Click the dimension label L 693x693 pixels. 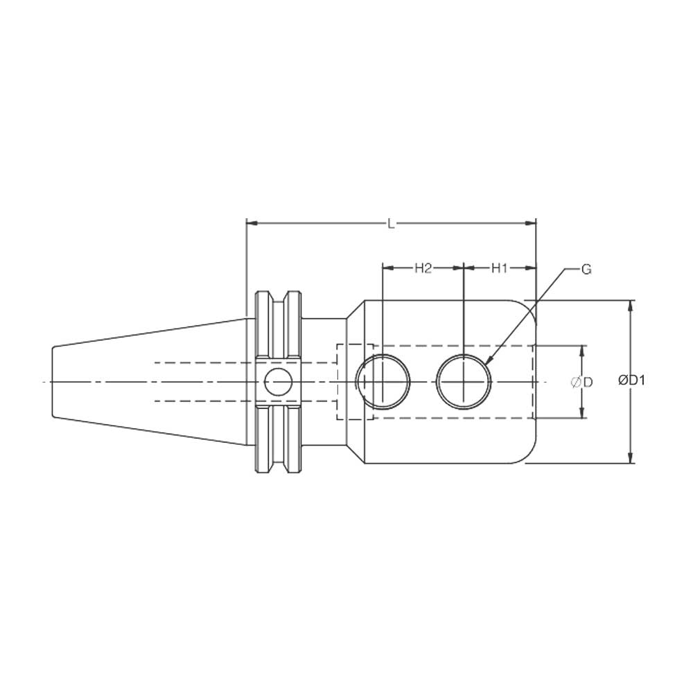[392, 223]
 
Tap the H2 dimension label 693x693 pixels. [423, 268]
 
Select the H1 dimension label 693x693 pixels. [500, 268]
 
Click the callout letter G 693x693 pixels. [586, 269]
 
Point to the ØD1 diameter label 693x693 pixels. [632, 380]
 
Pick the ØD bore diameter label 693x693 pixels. [581, 382]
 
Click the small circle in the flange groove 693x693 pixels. [279, 382]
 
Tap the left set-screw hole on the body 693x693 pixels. [383, 382]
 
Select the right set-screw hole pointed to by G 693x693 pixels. [464, 382]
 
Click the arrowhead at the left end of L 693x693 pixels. [252, 223]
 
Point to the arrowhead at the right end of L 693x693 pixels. [532, 223]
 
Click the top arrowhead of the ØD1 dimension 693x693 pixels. [630, 306]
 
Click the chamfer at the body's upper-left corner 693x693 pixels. [355, 308]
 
